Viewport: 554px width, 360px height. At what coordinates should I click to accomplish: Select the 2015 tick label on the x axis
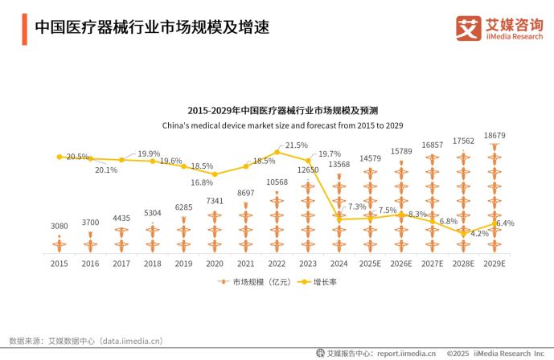59,263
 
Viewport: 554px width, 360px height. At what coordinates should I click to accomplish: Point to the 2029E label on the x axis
494,263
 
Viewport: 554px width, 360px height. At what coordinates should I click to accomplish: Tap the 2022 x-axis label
277,263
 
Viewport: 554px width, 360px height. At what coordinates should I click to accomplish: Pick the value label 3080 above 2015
59,226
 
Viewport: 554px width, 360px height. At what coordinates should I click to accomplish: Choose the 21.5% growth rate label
297,145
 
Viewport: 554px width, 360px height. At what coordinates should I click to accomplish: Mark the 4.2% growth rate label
480,234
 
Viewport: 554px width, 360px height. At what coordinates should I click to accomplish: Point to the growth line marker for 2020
215,174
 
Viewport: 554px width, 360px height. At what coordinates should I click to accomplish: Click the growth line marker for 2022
277,151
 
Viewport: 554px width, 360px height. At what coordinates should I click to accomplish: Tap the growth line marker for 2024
339,219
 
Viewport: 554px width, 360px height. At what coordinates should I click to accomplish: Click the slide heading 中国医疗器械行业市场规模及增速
151,27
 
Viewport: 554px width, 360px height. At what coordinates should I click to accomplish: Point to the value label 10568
277,182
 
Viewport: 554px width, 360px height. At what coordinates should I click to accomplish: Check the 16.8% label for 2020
202,182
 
